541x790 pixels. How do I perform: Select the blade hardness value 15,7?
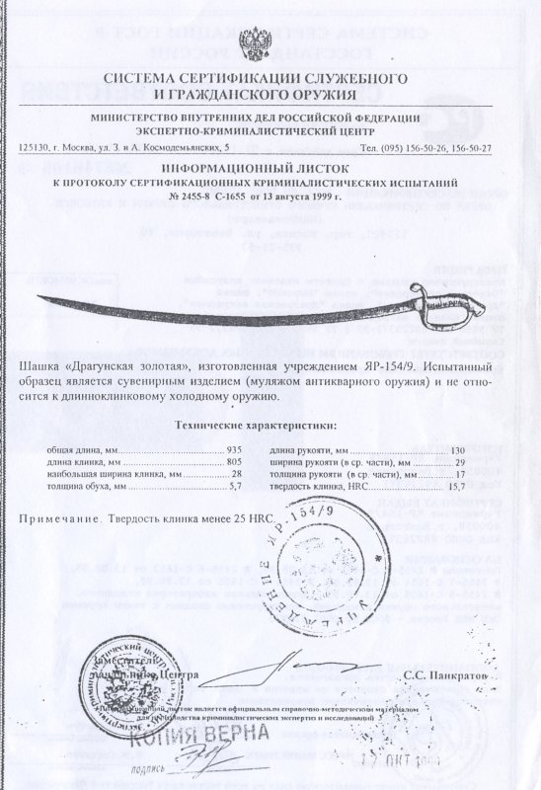pyautogui.click(x=455, y=486)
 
